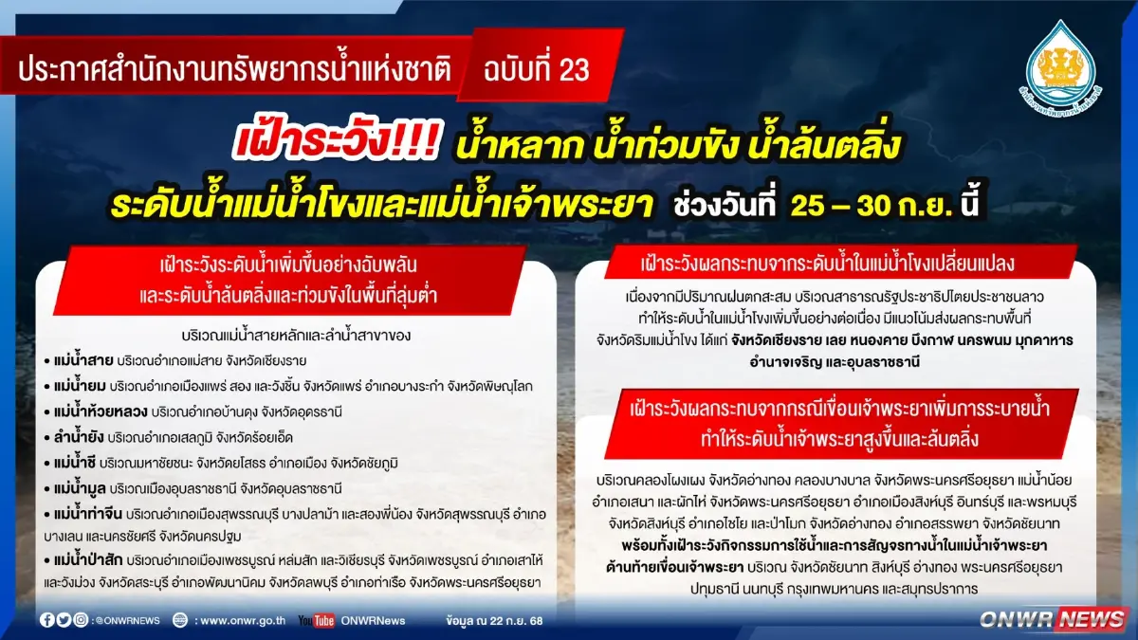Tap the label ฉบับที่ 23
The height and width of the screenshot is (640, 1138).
click(537, 69)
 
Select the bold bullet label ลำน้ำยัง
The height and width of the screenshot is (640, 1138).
click(74, 437)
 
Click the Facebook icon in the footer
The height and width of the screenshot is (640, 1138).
click(46, 620)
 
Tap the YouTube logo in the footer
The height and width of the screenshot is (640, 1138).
click(316, 620)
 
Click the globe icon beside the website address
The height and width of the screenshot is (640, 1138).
click(180, 620)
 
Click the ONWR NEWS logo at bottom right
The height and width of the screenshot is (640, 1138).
click(1053, 619)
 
